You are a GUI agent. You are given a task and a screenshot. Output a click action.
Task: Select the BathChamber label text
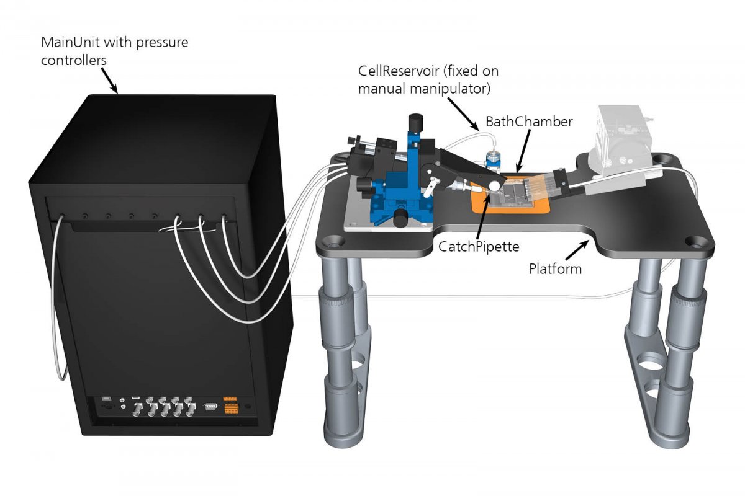click(529, 122)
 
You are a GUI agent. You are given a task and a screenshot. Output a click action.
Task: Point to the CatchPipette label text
click(476, 246)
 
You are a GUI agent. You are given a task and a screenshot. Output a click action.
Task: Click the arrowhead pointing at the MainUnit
click(115, 89)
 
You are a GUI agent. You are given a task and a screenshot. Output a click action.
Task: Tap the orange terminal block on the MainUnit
click(232, 406)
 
